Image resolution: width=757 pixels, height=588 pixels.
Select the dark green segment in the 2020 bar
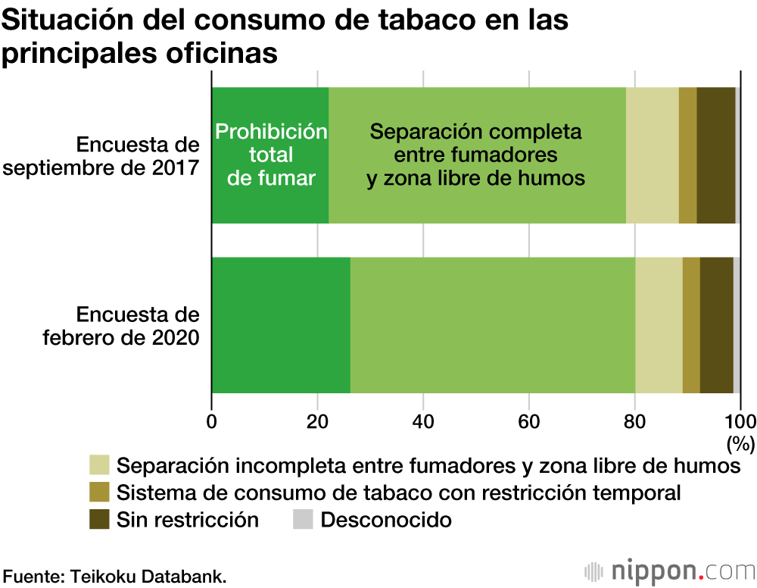(281, 325)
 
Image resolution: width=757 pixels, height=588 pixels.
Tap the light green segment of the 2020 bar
(493, 325)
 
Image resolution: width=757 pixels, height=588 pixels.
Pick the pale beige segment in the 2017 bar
(653, 155)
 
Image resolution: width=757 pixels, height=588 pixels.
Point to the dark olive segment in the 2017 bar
(715, 155)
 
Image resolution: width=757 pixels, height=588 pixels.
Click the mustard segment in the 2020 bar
(691, 325)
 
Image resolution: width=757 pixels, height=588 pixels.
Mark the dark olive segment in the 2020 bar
(716, 325)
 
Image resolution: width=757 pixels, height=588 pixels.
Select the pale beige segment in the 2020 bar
(659, 325)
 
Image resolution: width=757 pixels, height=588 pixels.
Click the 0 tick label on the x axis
(212, 422)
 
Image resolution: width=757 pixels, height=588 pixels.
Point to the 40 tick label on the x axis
(423, 422)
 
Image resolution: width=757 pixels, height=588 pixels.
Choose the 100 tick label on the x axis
(740, 422)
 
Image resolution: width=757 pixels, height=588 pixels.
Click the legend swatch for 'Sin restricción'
(99, 520)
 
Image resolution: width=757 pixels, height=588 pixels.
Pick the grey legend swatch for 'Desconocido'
(303, 520)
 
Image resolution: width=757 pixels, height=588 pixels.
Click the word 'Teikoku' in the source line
(101, 575)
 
